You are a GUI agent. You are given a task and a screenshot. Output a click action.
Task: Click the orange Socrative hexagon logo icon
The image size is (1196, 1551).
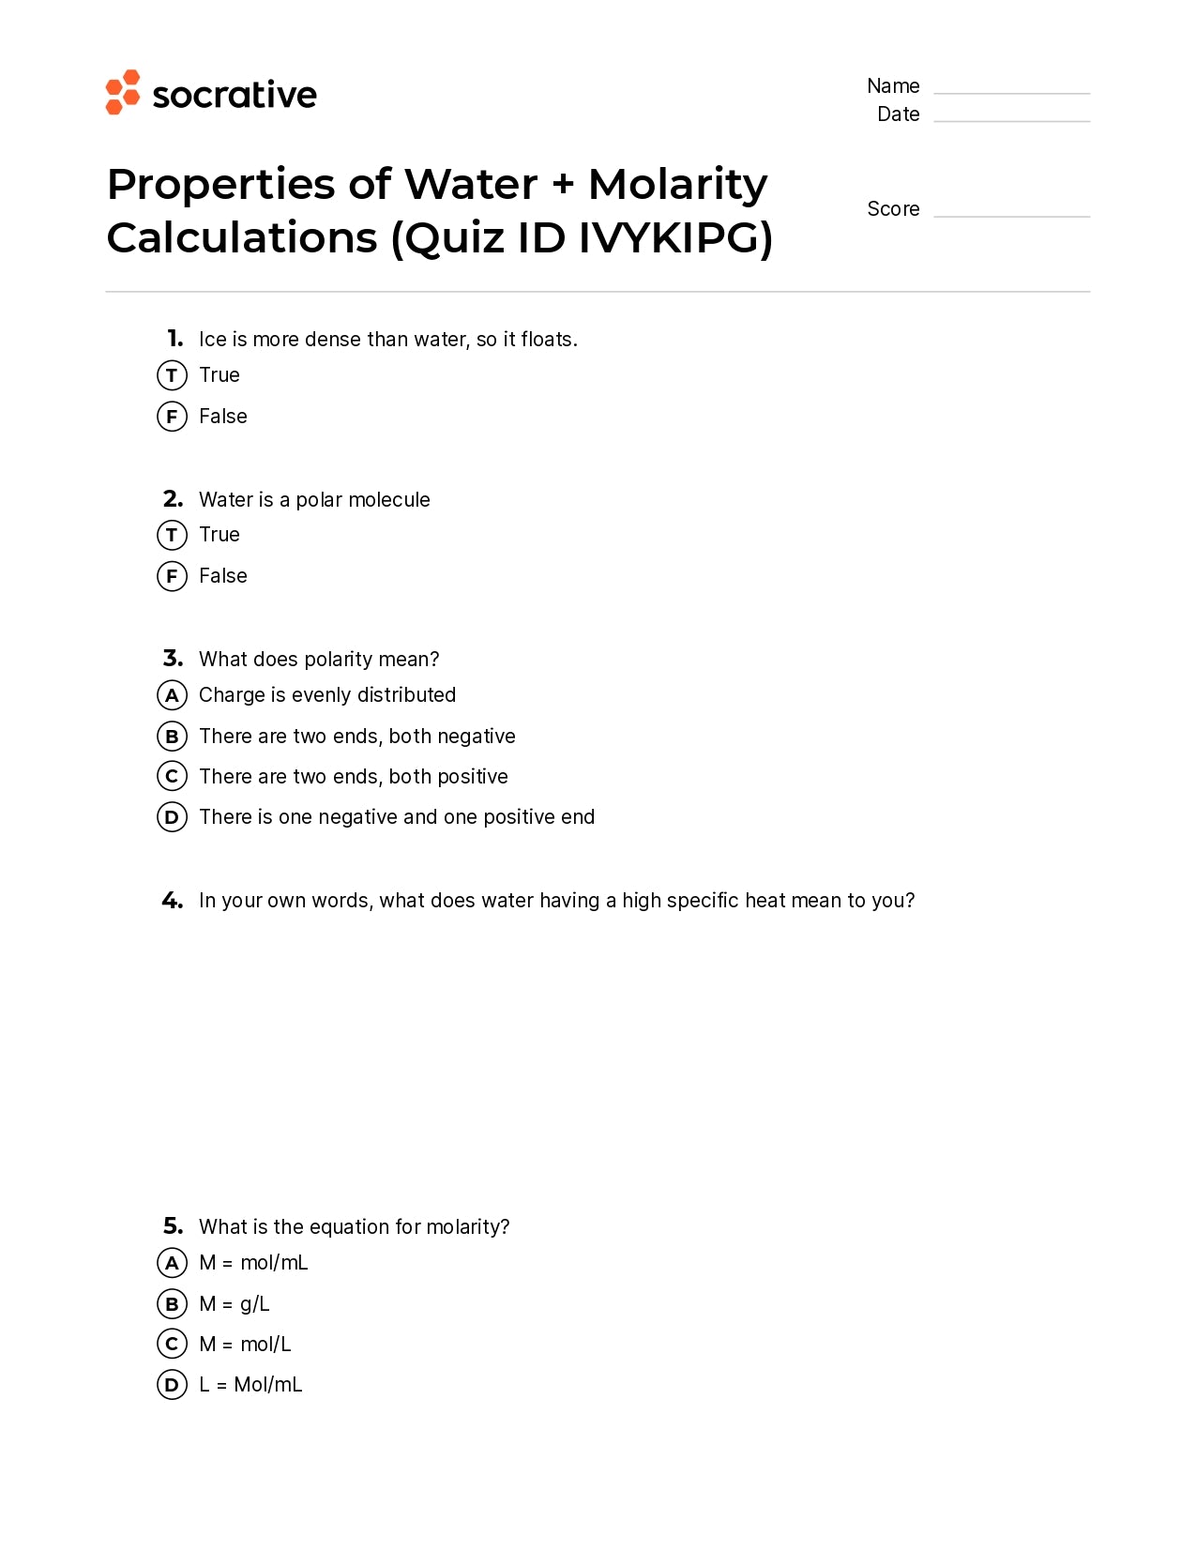pos(122,92)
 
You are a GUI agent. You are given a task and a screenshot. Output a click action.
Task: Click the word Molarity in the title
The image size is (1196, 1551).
pos(677,185)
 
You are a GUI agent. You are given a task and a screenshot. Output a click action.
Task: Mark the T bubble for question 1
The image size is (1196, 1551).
pos(172,375)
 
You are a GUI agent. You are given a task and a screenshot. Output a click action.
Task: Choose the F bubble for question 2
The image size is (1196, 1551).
pos(172,576)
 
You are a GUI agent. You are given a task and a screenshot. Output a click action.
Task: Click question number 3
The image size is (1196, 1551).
pos(173,659)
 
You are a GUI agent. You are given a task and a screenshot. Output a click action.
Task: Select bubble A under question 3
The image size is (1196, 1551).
pos(172,695)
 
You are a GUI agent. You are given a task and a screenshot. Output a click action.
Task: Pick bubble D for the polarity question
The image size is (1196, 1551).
pos(172,817)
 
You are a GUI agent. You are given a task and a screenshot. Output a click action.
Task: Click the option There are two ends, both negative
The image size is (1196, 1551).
pos(356,737)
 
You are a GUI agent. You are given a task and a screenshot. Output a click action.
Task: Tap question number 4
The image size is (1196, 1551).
pos(173,901)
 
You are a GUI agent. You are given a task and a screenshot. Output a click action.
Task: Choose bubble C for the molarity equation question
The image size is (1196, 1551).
pos(172,1345)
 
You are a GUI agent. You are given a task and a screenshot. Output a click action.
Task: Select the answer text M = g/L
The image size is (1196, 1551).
pos(234,1304)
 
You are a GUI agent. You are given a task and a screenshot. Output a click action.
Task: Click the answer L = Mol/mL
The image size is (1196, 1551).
pos(250,1385)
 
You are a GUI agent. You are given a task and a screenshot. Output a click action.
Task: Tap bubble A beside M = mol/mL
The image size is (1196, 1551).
pos(172,1263)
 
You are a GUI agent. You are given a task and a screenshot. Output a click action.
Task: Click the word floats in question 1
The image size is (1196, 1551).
pos(547,340)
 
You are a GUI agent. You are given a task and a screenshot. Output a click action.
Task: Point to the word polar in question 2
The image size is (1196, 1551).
pos(319,500)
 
